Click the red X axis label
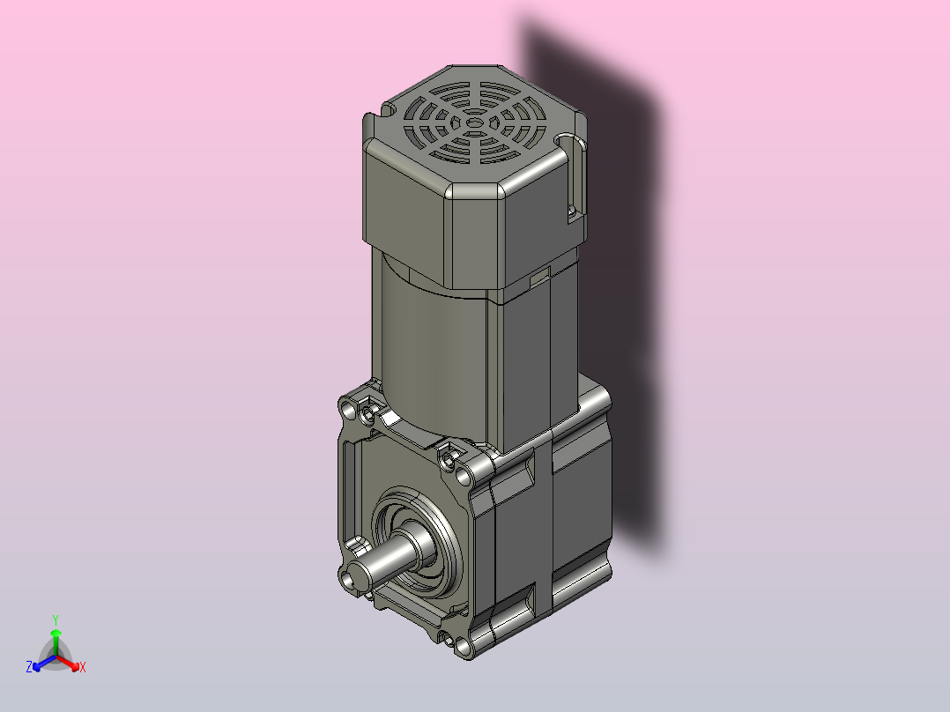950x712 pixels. [83, 667]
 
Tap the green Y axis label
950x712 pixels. [56, 619]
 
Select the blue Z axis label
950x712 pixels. [29, 667]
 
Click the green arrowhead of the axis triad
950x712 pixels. [56, 633]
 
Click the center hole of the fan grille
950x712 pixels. [474, 123]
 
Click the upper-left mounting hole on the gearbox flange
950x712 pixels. [349, 411]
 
